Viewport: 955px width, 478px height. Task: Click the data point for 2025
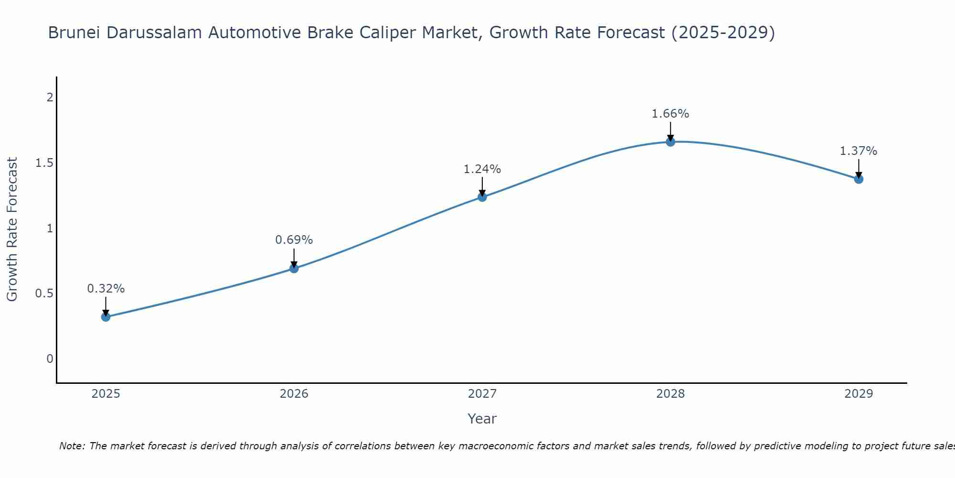106,317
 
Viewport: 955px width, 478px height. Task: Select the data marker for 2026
294,268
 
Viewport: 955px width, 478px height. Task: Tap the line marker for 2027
482,197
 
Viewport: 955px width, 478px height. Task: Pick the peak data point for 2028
670,141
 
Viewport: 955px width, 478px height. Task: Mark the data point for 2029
859,179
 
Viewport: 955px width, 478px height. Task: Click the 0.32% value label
106,289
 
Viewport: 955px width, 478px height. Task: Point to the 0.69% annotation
294,240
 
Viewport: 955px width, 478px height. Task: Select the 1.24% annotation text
482,169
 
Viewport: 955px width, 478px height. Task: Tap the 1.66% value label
670,114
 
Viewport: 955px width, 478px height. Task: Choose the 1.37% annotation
859,151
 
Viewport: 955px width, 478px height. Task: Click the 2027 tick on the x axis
482,394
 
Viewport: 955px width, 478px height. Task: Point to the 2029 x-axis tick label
859,394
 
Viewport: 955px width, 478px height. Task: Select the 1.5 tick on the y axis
44,163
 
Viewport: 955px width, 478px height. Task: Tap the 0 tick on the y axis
50,358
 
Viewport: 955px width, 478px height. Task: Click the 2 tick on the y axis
50,98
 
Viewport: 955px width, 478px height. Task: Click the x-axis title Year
482,419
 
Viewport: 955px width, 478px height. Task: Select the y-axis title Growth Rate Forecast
12,229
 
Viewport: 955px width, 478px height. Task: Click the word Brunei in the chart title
74,33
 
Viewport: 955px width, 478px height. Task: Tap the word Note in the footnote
72,446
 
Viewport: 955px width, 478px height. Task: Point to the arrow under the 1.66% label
670,131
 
